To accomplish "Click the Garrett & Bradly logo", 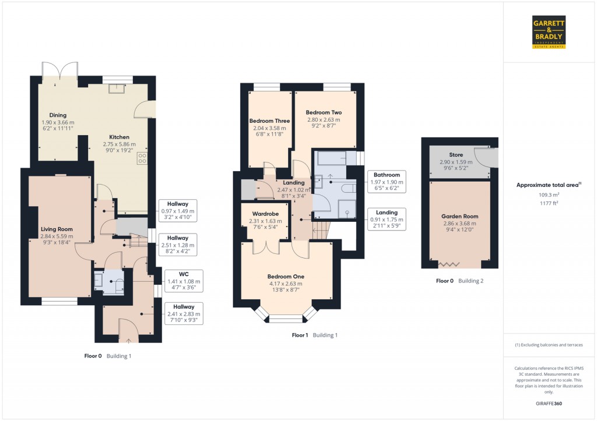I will (549, 31).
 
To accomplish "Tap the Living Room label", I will (57, 229).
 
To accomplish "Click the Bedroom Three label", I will (269, 121).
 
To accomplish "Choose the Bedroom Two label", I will (324, 112).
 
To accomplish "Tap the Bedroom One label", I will (286, 277).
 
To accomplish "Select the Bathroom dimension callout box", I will (387, 182).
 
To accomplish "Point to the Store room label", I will (456, 155).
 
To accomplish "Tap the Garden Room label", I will (459, 216).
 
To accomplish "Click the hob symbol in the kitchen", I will (142, 158).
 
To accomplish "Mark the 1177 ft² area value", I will (549, 203).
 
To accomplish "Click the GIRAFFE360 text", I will (549, 404).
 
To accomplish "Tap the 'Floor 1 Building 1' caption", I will (314, 335).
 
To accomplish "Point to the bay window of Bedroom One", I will (286, 319).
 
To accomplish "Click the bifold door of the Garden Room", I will (449, 265).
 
